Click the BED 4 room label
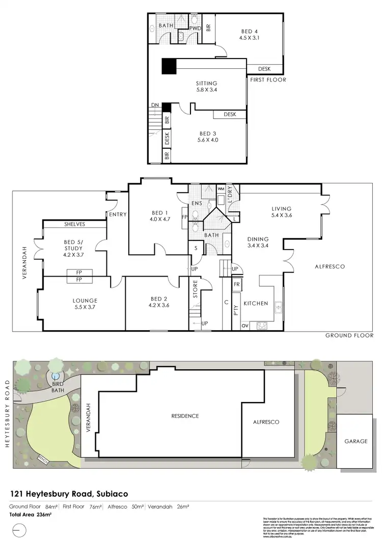click(x=246, y=32)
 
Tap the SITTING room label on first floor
click(x=207, y=84)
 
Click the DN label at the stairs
click(x=155, y=105)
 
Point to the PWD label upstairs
click(x=195, y=28)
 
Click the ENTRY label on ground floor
click(x=117, y=214)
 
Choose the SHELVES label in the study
click(x=74, y=224)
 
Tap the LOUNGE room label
click(x=85, y=301)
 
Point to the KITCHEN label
click(x=256, y=304)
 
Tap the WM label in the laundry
click(x=221, y=189)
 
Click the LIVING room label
click(x=282, y=209)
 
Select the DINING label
click(x=258, y=239)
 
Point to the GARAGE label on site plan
click(x=356, y=441)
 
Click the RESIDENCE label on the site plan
click(x=185, y=416)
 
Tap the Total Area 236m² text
click(x=31, y=515)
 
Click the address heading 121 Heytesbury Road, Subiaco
click(x=69, y=494)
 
